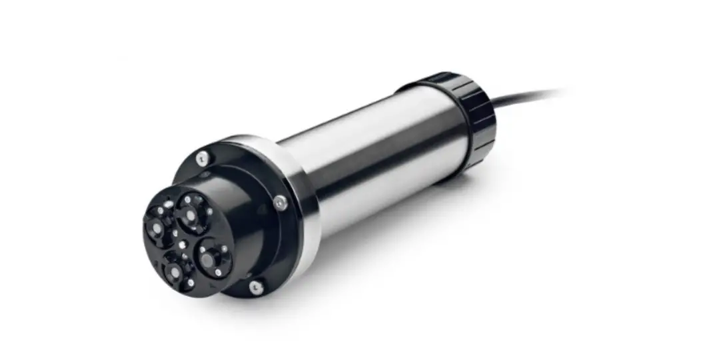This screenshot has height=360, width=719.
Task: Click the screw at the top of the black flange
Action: point(202,158)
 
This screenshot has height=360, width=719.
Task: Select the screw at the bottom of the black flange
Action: point(255,287)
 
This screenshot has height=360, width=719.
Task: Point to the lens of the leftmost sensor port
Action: point(156,229)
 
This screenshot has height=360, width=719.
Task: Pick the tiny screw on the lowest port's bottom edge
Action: point(191,283)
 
